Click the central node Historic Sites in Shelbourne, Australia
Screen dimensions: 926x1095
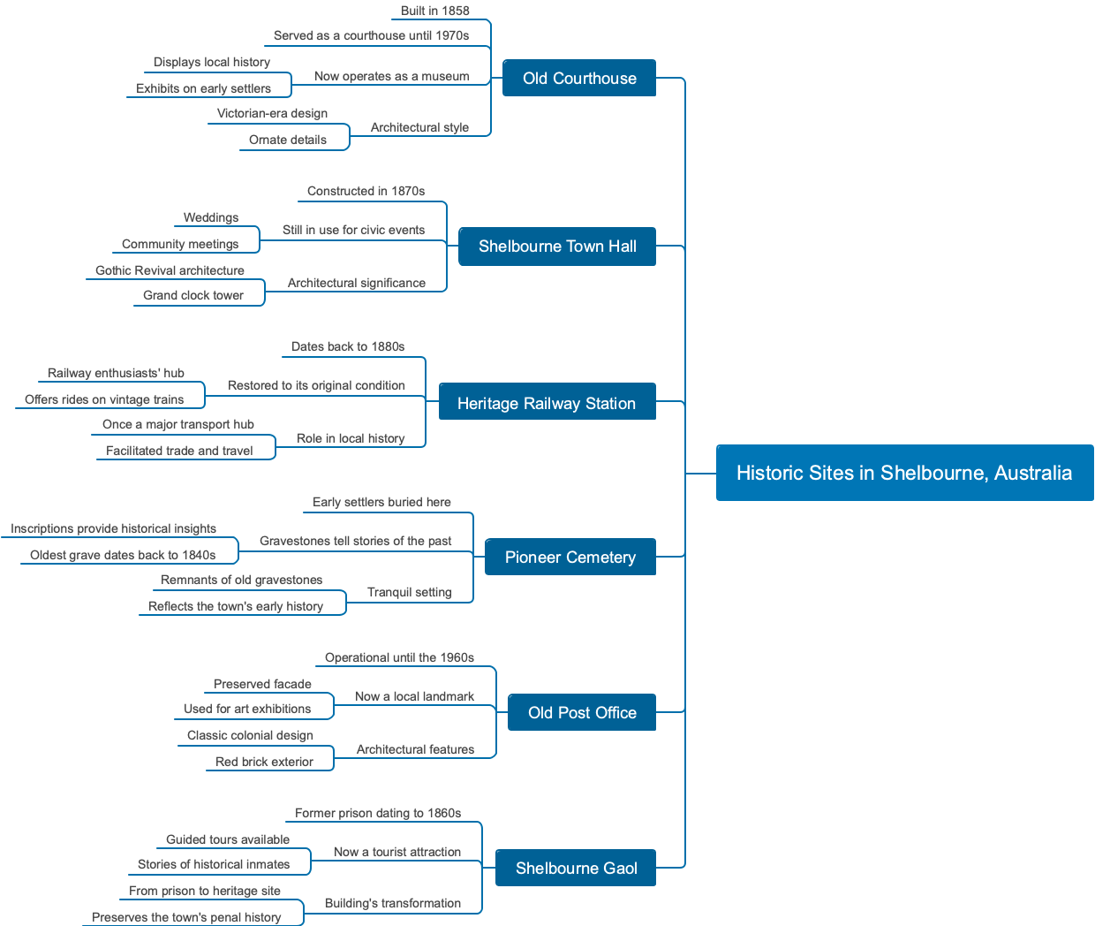(x=904, y=473)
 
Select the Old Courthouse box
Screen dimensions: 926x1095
(x=579, y=78)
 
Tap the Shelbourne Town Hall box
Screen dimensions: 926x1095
(x=557, y=247)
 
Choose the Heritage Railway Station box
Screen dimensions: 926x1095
(x=547, y=403)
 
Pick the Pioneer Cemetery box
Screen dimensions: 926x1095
(x=570, y=557)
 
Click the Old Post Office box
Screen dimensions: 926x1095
(x=582, y=712)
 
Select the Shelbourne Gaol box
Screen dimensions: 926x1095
(x=577, y=868)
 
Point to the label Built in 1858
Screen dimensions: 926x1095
(x=434, y=11)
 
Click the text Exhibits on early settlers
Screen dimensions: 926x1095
(x=203, y=88)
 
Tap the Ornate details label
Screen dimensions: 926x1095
(x=287, y=140)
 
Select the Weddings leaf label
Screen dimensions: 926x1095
(x=211, y=217)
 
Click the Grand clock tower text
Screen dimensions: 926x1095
(x=193, y=295)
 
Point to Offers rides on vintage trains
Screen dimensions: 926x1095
(x=104, y=399)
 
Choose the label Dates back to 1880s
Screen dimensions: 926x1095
(x=348, y=346)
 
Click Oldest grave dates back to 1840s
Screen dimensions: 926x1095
(x=123, y=555)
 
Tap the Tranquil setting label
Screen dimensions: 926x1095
(x=409, y=592)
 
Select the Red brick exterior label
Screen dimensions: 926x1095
(x=264, y=762)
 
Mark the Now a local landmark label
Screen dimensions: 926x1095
(x=414, y=696)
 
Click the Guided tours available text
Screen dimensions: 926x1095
(x=228, y=839)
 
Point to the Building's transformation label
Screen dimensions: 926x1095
(x=393, y=903)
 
